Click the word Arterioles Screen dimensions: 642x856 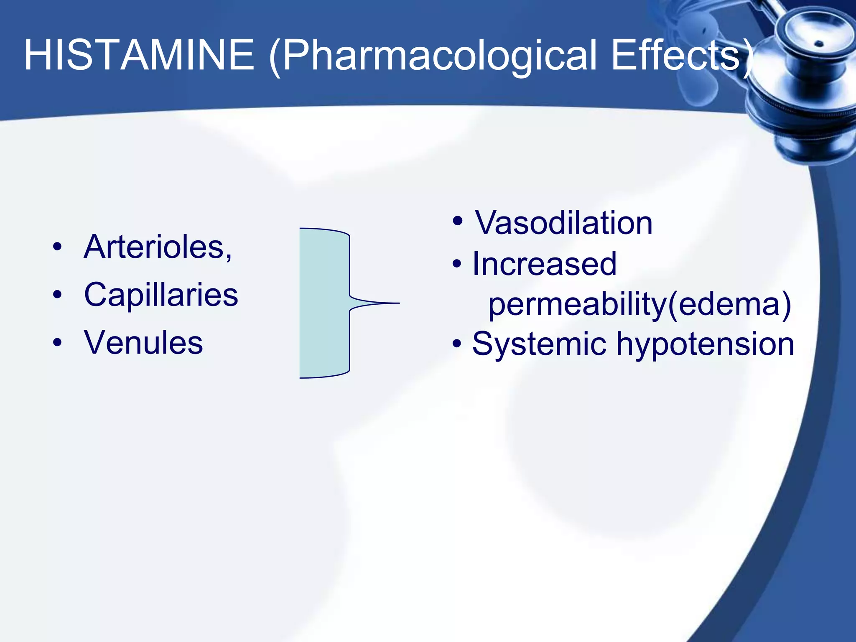click(x=157, y=247)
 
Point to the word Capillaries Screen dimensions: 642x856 click(x=161, y=295)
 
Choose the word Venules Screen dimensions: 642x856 click(x=143, y=343)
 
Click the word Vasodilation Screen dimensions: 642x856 click(x=563, y=223)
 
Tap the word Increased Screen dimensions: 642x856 click(x=544, y=264)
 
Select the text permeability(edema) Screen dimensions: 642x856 click(x=639, y=304)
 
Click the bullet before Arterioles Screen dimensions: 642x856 click(x=58, y=247)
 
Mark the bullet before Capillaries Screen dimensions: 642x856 click(x=58, y=295)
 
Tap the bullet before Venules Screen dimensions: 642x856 click(x=58, y=343)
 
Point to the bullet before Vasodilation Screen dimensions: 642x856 click(x=458, y=221)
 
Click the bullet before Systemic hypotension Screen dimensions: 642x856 click(x=457, y=344)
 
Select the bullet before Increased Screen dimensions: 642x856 click(x=457, y=264)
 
